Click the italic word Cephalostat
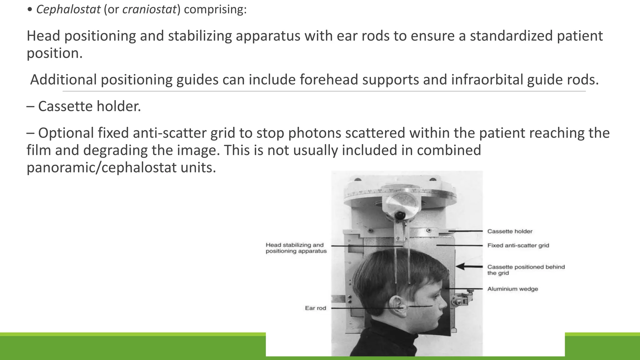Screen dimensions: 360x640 coord(68,9)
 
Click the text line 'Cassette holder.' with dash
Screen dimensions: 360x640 coord(84,106)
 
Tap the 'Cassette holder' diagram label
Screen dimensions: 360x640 coord(510,231)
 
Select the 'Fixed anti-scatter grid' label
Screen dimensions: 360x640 coord(518,245)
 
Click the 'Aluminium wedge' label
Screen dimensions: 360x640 coord(512,289)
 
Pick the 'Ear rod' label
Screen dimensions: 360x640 coord(315,308)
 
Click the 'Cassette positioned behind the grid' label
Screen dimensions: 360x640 coord(526,270)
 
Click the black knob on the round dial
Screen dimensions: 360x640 coord(399,215)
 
